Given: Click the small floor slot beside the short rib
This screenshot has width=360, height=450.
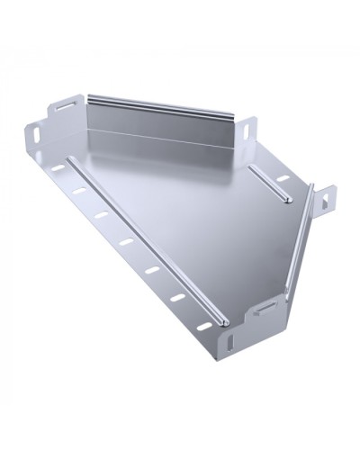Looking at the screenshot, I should point(283,178).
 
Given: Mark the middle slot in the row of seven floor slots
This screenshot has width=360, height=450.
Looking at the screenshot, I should point(125,241).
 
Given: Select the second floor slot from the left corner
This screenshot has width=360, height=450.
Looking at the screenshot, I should point(78,191).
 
